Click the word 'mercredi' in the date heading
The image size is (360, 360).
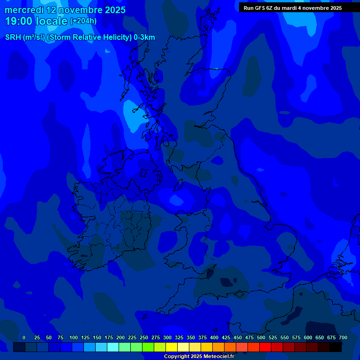point(24,10)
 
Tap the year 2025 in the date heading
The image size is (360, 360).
point(115,10)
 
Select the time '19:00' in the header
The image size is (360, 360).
point(19,21)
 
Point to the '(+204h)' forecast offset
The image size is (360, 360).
point(83,21)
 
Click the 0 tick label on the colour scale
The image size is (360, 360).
point(24,337)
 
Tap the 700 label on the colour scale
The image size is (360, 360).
point(343,337)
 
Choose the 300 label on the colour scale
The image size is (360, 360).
point(167,337)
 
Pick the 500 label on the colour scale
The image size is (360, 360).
point(261,337)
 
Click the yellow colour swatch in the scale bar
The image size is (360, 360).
point(172,347)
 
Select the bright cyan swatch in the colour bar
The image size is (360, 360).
point(113,347)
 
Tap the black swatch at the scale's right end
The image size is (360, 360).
point(336,347)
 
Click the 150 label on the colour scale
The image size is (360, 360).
point(97,337)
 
